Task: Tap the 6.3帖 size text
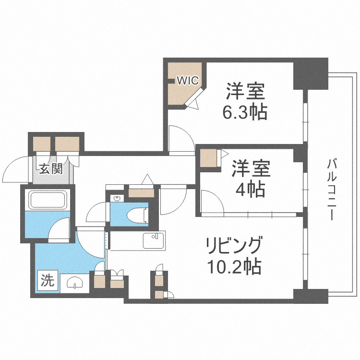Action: click(245, 113)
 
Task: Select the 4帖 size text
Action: click(250, 191)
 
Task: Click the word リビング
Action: click(234, 246)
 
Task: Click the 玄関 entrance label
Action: click(51, 169)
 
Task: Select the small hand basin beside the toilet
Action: click(117, 198)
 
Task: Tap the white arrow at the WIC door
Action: click(193, 103)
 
